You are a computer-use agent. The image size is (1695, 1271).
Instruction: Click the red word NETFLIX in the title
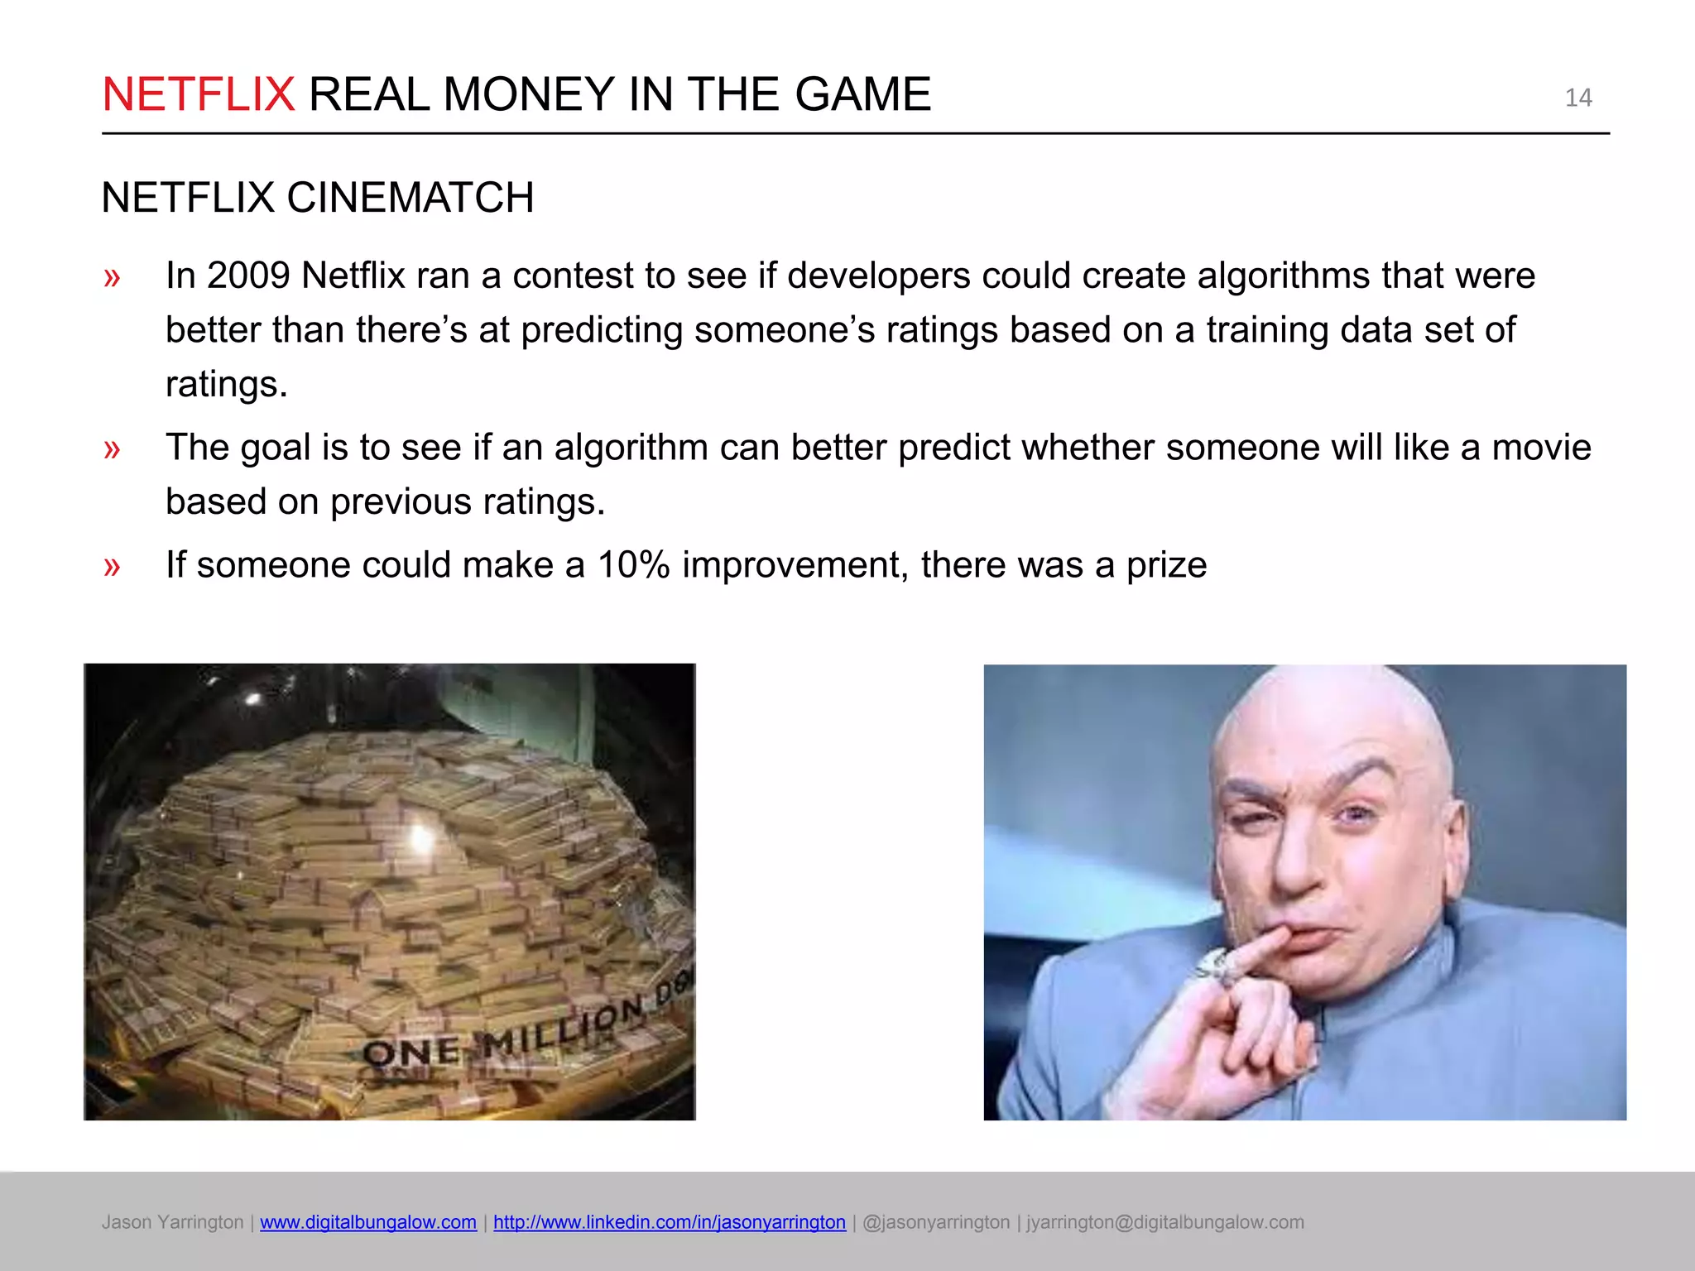tap(198, 94)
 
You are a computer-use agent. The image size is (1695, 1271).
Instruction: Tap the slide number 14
tap(1577, 98)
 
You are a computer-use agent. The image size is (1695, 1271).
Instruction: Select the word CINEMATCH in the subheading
tap(410, 199)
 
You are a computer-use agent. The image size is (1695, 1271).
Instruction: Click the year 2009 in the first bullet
tap(248, 276)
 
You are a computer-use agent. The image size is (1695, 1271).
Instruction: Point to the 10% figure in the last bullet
tap(633, 565)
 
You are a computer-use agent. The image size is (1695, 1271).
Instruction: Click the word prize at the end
tap(1166, 565)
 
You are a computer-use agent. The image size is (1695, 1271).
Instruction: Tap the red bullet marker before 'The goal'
tap(113, 449)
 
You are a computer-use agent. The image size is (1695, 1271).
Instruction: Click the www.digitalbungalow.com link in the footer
tap(368, 1222)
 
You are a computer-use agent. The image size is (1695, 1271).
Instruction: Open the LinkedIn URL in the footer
tap(670, 1222)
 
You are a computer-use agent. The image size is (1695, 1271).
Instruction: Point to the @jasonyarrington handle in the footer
tap(936, 1222)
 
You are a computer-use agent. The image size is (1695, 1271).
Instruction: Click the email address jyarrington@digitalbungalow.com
tap(1165, 1222)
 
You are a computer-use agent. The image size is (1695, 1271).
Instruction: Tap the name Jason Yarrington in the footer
tap(173, 1222)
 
